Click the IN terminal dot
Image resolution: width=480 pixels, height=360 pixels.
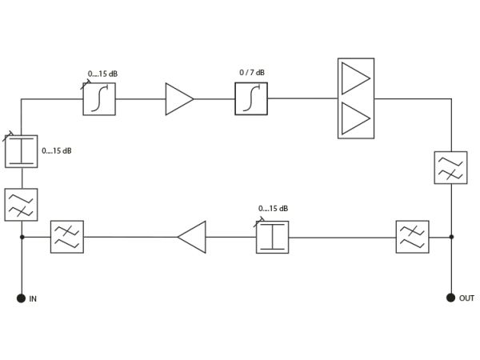pos(21,298)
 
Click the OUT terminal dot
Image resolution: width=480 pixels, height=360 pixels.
pos(450,298)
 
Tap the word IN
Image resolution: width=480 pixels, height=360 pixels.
pos(33,298)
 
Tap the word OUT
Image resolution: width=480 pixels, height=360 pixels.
pos(466,298)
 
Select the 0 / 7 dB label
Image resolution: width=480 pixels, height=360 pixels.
pos(252,73)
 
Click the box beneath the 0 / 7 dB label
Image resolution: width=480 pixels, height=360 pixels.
pos(251,99)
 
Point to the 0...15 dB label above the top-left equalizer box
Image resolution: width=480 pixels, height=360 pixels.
pos(102,74)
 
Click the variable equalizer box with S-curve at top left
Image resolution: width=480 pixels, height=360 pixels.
pos(99,99)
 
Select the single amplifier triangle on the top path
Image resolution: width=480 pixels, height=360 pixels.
pos(179,99)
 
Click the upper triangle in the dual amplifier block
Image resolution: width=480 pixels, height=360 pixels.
pos(355,78)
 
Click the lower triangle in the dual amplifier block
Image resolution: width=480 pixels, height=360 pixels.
pos(355,118)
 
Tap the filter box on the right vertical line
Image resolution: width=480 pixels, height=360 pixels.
pos(450,167)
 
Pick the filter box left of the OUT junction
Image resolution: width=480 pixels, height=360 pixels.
pos(412,237)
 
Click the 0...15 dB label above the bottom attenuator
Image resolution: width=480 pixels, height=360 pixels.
pos(273,209)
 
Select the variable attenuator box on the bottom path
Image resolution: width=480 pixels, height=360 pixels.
pos(273,237)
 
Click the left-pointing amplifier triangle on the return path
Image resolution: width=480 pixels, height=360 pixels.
pos(192,237)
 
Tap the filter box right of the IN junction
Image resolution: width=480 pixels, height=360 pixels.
pos(67,237)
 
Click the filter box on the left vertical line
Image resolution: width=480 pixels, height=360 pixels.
pos(21,205)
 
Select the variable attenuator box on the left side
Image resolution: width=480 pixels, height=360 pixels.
pos(22,151)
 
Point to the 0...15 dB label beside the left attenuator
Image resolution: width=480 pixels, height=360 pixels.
pos(57,151)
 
